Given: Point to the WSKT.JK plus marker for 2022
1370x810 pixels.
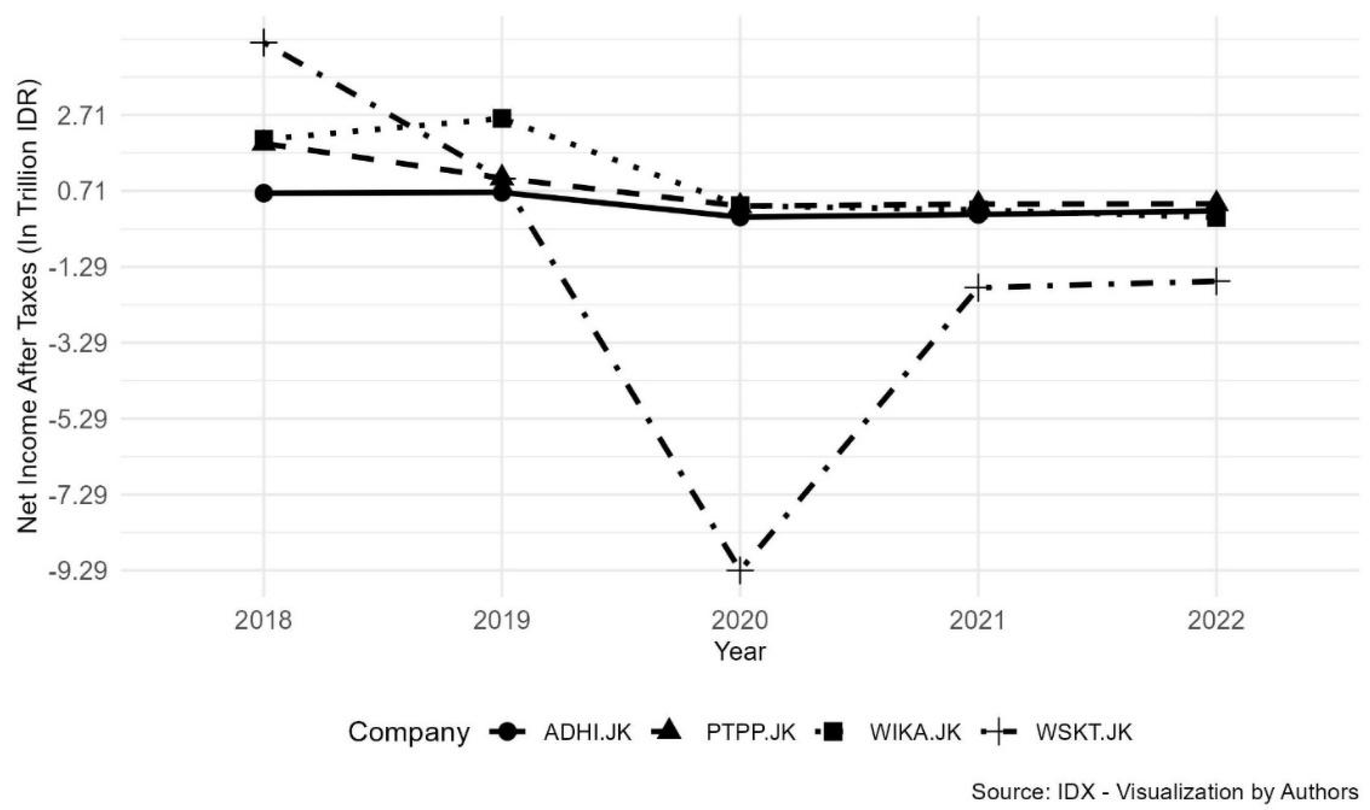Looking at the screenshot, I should [1216, 281].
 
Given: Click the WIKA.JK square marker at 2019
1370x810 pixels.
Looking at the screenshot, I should [501, 118].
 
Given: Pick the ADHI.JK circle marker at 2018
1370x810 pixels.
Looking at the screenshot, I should [264, 193].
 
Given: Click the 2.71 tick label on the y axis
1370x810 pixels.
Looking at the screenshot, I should [80, 116].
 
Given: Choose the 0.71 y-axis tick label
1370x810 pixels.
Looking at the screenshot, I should [80, 192].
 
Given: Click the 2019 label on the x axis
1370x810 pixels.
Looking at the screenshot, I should [501, 621].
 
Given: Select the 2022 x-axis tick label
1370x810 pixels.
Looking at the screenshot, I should [1216, 621].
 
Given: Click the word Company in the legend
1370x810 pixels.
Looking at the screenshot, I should [408, 732].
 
